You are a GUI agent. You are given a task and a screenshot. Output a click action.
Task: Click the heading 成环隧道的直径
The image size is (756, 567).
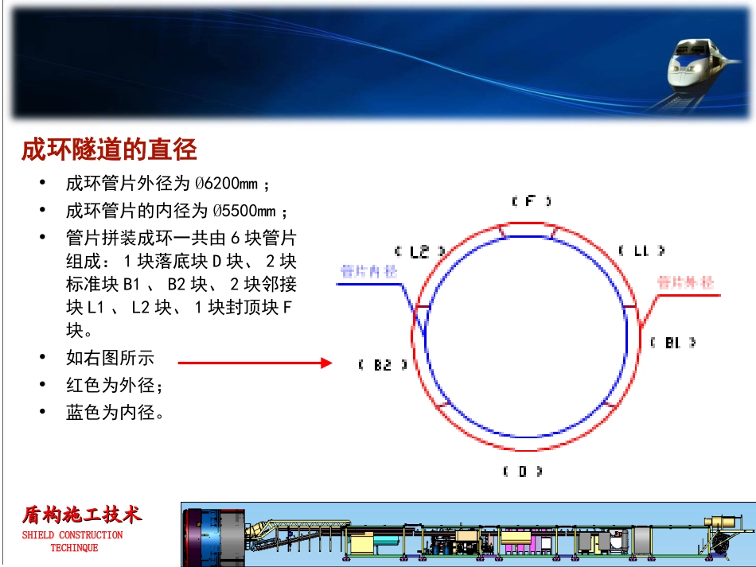click(x=109, y=150)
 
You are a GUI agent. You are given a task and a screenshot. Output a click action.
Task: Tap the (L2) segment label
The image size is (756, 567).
click(x=419, y=251)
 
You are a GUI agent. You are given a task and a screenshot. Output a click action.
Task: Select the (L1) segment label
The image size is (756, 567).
click(x=641, y=251)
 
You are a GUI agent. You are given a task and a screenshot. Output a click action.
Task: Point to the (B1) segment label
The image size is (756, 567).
click(x=672, y=343)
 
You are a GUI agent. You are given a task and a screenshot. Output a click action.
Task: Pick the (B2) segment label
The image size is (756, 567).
click(x=383, y=365)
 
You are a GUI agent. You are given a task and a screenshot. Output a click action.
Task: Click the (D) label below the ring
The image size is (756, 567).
click(x=523, y=471)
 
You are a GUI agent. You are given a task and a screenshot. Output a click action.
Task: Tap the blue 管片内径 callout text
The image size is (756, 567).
click(x=368, y=272)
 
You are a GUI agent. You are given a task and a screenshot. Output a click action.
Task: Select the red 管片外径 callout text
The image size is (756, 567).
click(x=685, y=282)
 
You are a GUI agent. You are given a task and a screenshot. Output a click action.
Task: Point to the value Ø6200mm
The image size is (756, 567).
click(x=227, y=184)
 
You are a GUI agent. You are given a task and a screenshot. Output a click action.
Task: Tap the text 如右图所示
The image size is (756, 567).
click(x=110, y=358)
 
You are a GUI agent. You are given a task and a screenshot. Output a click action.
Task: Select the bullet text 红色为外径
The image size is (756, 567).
click(x=114, y=386)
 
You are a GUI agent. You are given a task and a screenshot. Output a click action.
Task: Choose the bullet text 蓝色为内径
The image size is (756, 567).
click(x=114, y=413)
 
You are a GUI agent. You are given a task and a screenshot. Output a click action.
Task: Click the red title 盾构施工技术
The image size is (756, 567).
click(x=82, y=515)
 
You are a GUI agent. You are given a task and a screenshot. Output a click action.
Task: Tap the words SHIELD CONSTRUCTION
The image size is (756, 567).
click(x=72, y=535)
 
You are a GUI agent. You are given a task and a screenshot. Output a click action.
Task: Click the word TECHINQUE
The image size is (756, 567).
click(x=74, y=548)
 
